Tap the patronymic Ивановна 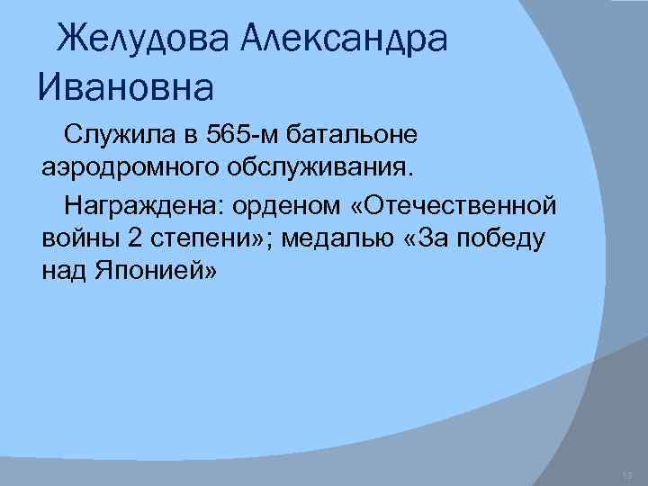click(126, 87)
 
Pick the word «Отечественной click(454, 207)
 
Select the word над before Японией click(63, 271)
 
